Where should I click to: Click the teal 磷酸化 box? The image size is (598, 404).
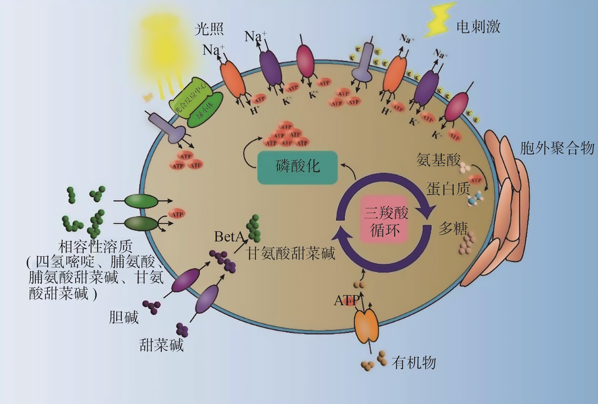point(297,168)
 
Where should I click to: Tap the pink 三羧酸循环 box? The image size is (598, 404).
point(386,220)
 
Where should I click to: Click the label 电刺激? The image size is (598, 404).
point(478,27)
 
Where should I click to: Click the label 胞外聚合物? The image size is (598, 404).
point(557,148)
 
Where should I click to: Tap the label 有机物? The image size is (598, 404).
point(414,363)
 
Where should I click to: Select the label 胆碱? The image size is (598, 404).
point(124,317)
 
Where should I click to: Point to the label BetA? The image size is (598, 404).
point(229,236)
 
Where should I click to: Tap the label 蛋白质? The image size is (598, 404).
point(448,189)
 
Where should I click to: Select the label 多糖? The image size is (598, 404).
point(453,228)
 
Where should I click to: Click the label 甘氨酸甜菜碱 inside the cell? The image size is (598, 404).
point(291,253)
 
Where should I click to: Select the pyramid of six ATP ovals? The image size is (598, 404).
point(286,135)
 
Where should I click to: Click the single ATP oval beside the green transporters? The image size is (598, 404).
point(177,214)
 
